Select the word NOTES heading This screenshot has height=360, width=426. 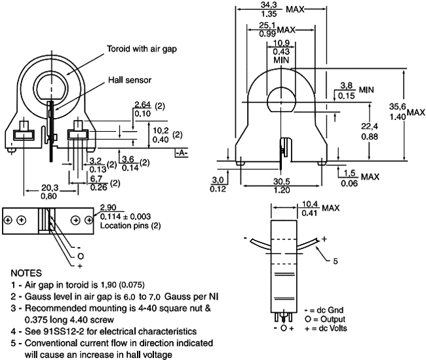point(26,272)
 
